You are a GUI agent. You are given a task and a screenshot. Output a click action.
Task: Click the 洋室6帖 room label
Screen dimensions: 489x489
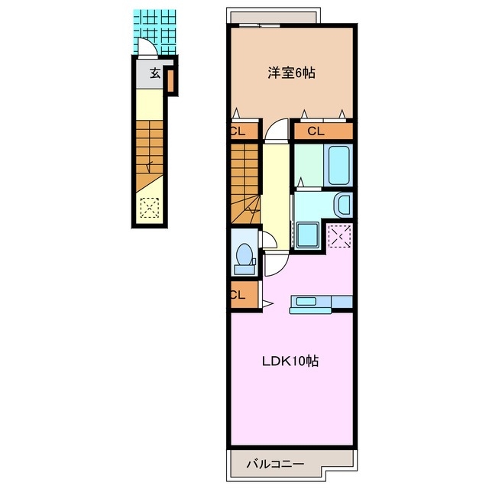291,73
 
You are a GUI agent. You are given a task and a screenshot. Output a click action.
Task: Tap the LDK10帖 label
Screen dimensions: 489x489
290,361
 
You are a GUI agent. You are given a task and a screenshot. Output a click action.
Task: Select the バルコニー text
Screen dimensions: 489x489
275,464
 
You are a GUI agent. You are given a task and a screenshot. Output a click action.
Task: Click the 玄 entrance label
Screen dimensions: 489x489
155,73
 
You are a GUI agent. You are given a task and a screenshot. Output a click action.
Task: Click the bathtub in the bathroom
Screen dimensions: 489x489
338,165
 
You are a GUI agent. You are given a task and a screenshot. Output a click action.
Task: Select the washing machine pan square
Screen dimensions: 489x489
307,235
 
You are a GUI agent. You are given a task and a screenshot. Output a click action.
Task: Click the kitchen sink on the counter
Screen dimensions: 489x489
306,301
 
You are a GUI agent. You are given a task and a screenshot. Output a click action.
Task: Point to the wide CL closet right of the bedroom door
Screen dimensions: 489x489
323,131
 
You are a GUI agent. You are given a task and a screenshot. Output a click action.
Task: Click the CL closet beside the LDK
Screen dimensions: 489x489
244,295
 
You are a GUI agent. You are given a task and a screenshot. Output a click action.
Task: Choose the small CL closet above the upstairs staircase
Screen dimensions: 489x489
244,131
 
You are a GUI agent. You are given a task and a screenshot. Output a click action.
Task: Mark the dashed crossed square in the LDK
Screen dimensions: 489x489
340,236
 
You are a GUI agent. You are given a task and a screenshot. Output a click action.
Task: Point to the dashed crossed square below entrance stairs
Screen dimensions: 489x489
150,208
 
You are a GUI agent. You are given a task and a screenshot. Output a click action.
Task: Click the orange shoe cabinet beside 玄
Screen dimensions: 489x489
170,81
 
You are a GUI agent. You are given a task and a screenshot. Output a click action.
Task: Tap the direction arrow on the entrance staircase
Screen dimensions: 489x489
150,167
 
